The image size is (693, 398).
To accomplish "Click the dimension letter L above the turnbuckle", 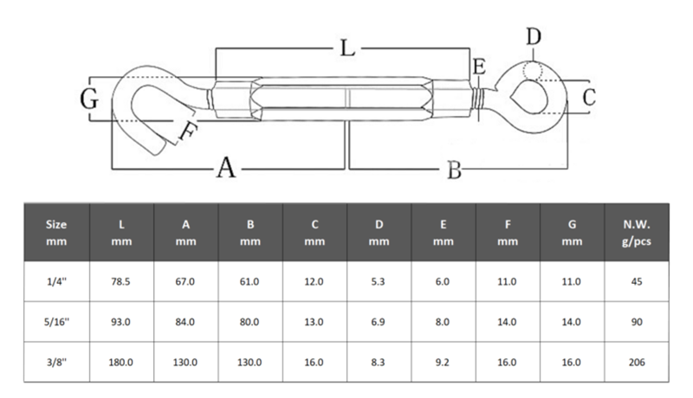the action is (x=348, y=48).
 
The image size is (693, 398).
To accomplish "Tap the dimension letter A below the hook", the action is (x=226, y=168).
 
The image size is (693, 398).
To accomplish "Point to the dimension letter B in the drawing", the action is (x=454, y=170).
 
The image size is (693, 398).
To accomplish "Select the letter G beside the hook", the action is (x=89, y=99).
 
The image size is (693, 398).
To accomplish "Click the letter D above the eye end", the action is (x=534, y=36).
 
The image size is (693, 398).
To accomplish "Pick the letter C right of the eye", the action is (x=589, y=98).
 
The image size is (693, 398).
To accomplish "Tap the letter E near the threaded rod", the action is (x=479, y=67).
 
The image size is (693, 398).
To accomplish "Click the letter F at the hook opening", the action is (x=187, y=131).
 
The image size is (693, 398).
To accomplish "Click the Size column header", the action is (x=56, y=233).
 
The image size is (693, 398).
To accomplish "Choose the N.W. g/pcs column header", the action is (x=637, y=233).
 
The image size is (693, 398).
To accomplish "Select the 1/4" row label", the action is (x=56, y=281).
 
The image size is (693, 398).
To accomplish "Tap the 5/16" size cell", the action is (x=56, y=322).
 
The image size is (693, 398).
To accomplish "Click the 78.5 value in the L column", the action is (x=120, y=281).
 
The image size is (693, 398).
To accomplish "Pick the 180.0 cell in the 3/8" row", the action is (x=120, y=363).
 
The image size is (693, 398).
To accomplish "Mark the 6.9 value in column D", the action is (x=379, y=322).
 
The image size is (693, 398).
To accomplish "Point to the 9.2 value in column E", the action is (x=443, y=363).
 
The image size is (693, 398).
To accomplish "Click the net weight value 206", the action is (x=637, y=363).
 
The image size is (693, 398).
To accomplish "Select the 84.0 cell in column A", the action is (x=185, y=322).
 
